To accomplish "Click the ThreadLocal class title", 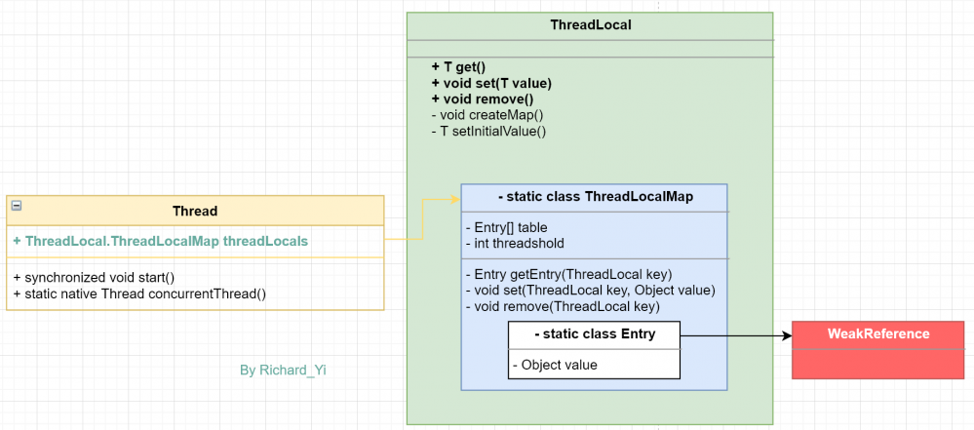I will pyautogui.click(x=590, y=25).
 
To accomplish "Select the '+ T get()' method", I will pyautogui.click(x=457, y=67).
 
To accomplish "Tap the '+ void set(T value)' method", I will pyautogui.click(x=484, y=83).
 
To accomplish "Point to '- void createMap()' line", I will pyautogui.click(x=487, y=114).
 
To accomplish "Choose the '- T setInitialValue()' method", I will pyautogui.click(x=487, y=130).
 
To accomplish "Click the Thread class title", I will pyautogui.click(x=195, y=211).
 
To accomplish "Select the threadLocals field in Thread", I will pyautogui.click(x=161, y=241).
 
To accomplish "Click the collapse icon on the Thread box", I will pyautogui.click(x=16, y=205).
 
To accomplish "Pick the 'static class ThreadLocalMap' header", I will pyautogui.click(x=595, y=197).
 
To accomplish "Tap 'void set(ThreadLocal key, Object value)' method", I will pyautogui.click(x=591, y=290).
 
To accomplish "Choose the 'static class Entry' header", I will pyautogui.click(x=595, y=334).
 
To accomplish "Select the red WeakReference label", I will pyautogui.click(x=878, y=333).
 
